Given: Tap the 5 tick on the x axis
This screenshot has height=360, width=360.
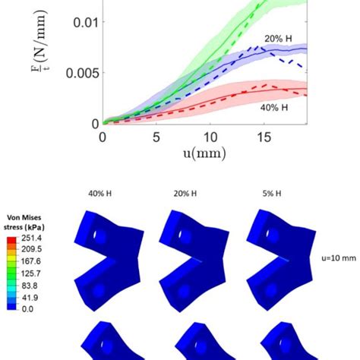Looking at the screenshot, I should point(156,137).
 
